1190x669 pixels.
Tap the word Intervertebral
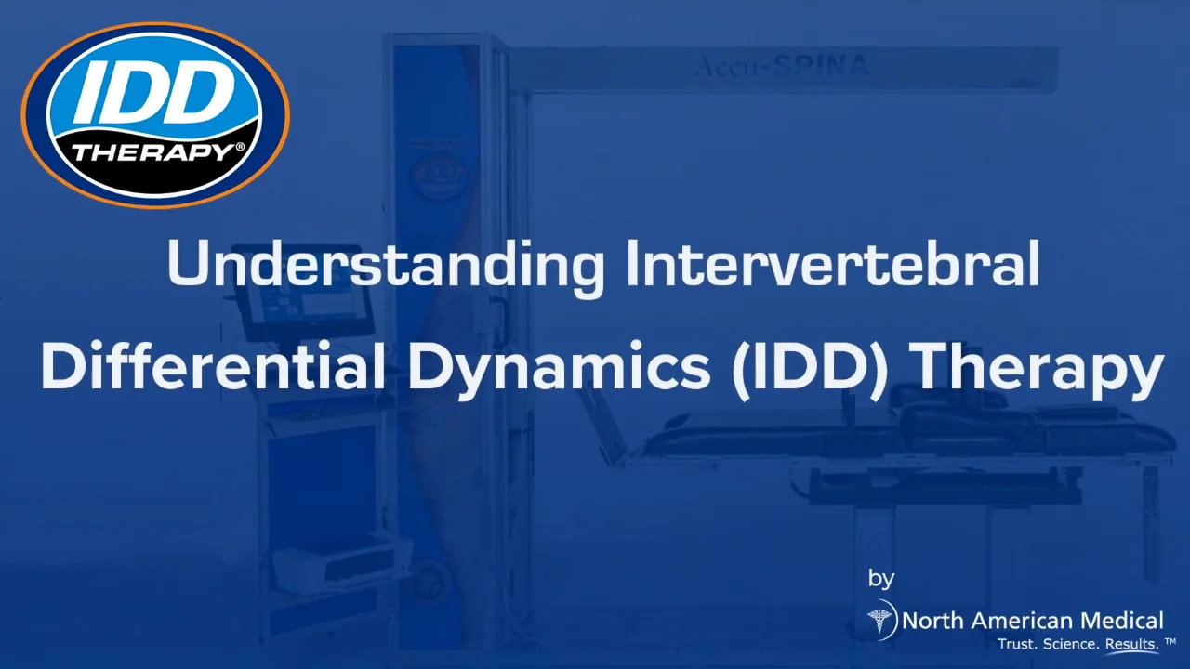pyautogui.click(x=832, y=264)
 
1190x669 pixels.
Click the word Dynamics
pyautogui.click(x=559, y=367)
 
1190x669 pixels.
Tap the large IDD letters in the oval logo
pyautogui.click(x=154, y=93)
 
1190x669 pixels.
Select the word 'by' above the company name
pyautogui.click(x=880, y=578)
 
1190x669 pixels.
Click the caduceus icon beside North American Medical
pyautogui.click(x=879, y=619)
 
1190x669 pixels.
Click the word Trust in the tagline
pyautogui.click(x=1015, y=644)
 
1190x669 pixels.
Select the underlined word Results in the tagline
pyautogui.click(x=1130, y=644)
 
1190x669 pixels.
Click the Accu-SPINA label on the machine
pyautogui.click(x=781, y=66)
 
